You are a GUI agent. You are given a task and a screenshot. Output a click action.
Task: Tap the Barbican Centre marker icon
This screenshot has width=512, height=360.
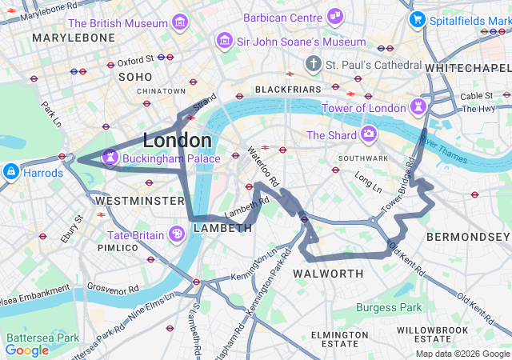335,15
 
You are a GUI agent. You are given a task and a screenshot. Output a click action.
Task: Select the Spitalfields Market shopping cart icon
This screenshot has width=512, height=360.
416,20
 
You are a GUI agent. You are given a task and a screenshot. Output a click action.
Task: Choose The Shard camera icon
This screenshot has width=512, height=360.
369,134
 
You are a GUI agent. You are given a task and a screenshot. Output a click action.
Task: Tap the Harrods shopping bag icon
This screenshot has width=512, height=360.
11,171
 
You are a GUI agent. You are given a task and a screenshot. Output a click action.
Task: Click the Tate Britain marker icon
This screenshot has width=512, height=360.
176,234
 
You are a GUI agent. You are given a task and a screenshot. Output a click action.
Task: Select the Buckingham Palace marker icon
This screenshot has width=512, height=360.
108,158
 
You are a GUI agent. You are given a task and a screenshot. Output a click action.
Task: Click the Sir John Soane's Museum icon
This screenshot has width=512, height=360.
225,41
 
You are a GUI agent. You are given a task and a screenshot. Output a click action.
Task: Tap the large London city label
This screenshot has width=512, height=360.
177,141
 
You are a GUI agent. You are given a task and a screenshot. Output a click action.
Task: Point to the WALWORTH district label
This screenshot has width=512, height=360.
328,274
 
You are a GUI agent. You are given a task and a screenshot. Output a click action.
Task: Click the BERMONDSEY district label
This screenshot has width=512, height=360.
467,238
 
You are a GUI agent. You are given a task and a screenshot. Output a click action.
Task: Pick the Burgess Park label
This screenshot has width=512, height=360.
388,307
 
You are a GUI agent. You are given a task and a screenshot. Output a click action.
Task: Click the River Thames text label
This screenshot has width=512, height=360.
442,150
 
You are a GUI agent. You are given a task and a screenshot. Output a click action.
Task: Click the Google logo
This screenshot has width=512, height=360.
26,350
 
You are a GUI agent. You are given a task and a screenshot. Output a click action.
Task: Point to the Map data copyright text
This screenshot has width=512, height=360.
462,354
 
